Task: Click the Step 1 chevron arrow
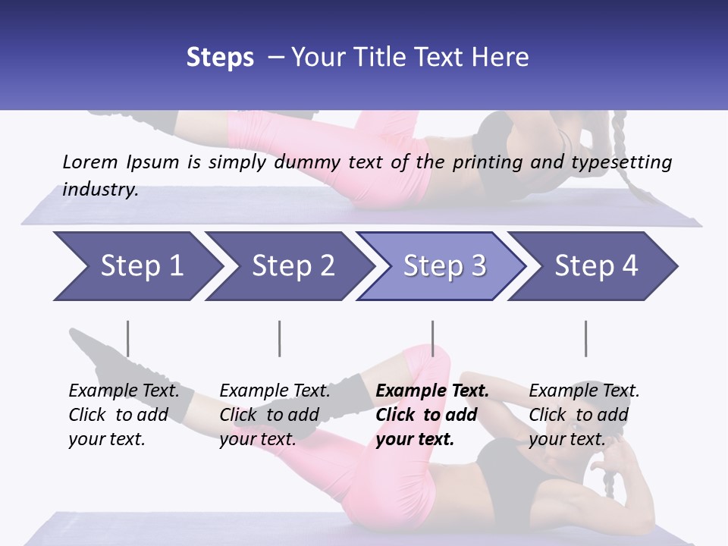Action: (x=136, y=266)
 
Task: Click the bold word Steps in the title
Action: (x=220, y=58)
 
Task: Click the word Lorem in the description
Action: (x=90, y=162)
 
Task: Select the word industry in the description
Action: (x=100, y=190)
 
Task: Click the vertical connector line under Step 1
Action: (x=128, y=338)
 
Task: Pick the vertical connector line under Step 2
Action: (x=280, y=338)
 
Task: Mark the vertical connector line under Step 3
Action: (x=432, y=338)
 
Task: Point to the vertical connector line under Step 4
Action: (x=585, y=338)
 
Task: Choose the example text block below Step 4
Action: (x=584, y=415)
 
